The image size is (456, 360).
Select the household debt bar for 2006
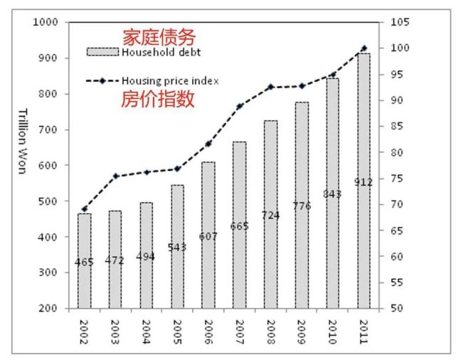coord(208,235)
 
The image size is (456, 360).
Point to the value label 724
coord(270,214)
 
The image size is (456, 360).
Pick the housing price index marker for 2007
coord(239,106)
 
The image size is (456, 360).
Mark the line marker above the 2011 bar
coord(364,48)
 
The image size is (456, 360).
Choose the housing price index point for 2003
coord(115,176)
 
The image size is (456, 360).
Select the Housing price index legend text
coord(169,81)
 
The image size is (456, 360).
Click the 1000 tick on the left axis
coord(48,22)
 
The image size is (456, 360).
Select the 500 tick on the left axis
coord(51,201)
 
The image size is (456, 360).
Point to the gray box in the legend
coord(102,52)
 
